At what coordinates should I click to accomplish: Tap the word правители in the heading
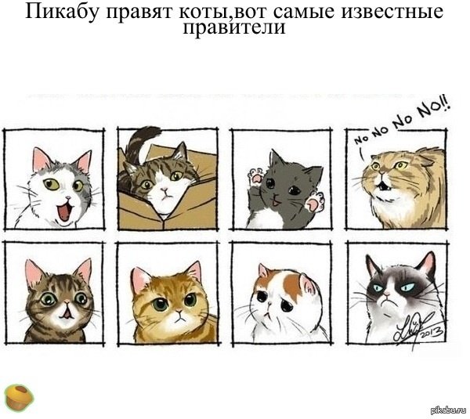[234, 29]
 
